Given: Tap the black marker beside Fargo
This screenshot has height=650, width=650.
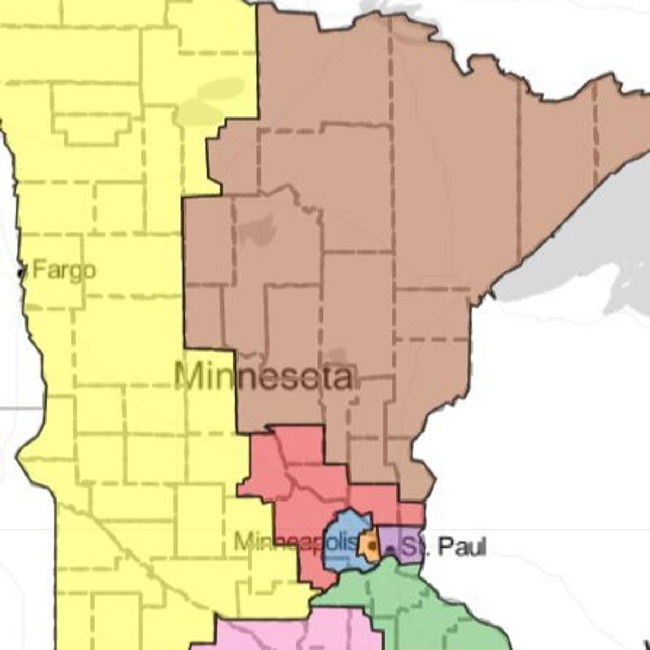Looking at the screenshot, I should pos(22,271).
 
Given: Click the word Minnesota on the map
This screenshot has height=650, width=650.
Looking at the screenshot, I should pos(264,377).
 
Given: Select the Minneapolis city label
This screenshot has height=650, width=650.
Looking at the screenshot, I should pos(296,542).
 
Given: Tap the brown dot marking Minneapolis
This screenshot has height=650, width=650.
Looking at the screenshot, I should pos(372,545).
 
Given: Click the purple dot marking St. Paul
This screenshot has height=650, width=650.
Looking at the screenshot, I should pos(390,549).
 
